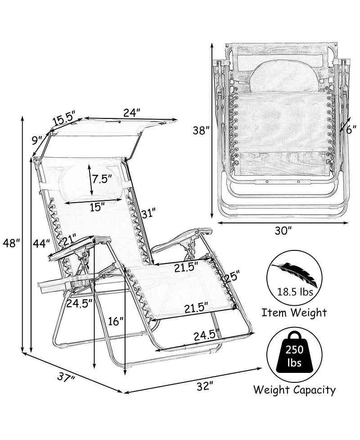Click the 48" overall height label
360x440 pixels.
coord(11,243)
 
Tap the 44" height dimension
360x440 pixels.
coord(41,243)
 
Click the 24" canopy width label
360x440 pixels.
coord(131,113)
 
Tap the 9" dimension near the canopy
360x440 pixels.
coord(37,140)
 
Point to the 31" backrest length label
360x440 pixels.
coord(148,213)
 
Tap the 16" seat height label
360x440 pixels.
coord(116,321)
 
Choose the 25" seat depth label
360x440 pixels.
coord(233,276)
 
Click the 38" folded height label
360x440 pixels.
coord(201,131)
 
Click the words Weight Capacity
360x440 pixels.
coord(294,390)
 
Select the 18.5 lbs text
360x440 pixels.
coord(295,292)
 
